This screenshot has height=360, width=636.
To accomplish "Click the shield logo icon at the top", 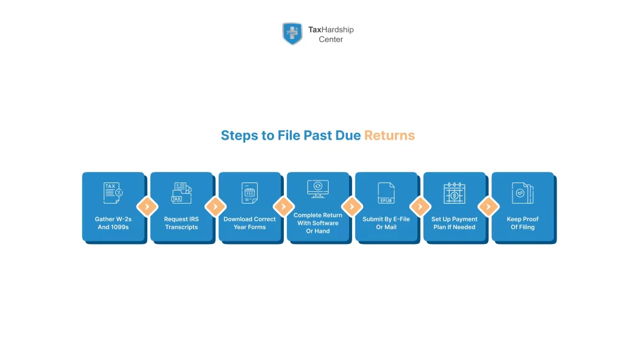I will (292, 34).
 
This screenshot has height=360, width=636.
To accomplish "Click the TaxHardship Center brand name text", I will (330, 34).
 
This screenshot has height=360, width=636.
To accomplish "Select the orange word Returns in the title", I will (389, 135).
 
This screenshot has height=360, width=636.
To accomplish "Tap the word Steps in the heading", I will (239, 135).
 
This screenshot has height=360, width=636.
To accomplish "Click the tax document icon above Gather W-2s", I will (113, 193).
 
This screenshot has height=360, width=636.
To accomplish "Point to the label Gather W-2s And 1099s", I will (113, 223).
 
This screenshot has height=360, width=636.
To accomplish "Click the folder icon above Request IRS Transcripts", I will (181, 193).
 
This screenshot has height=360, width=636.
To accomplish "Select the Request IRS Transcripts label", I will (181, 223).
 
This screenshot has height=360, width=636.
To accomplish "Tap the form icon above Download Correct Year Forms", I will (250, 193).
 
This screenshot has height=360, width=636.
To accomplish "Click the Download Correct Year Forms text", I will (250, 223).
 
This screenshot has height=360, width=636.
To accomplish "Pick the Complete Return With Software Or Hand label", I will (318, 223).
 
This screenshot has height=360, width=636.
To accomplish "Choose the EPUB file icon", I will (386, 193).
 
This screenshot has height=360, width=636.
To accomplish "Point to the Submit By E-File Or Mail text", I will (386, 223).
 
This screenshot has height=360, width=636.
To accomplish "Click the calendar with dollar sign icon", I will (455, 193).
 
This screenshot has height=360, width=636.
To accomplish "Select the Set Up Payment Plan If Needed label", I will (455, 223).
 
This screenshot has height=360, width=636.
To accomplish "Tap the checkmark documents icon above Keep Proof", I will (522, 193).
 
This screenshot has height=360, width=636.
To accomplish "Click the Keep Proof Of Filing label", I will (522, 223).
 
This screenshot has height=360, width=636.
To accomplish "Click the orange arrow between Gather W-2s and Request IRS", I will (147, 207).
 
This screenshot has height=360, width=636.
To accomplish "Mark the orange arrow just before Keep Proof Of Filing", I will (488, 207).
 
